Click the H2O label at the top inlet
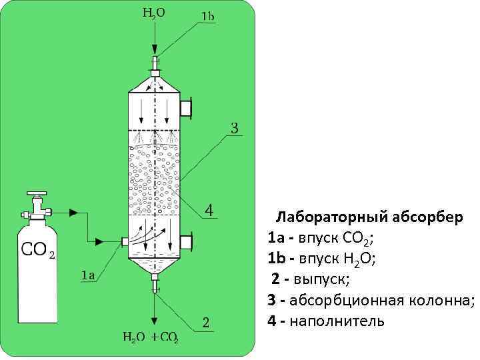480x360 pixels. pos(154,12)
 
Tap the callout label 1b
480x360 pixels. pos(207,16)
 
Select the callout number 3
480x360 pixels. pos(235,128)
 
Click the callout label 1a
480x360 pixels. pos(87,274)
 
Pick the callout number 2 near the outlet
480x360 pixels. pos(207,322)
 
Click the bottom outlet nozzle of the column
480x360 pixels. pos(156,283)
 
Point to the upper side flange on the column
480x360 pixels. pos(188,106)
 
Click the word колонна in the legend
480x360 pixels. pos(442,300)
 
